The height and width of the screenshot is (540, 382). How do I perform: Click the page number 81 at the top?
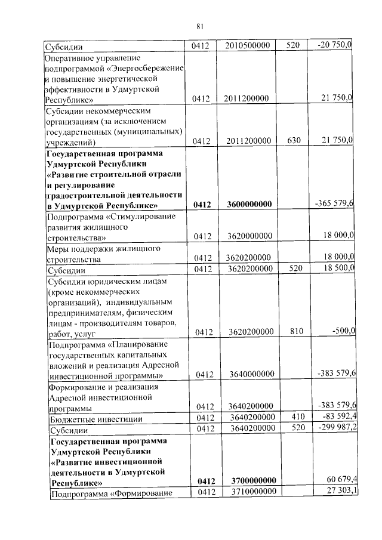(x=200, y=25)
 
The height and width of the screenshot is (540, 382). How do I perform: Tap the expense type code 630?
(x=292, y=141)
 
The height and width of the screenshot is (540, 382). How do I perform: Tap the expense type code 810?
(x=292, y=331)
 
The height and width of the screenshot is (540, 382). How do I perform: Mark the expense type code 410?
(x=292, y=416)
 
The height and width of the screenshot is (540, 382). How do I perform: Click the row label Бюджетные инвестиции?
(x=90, y=417)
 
